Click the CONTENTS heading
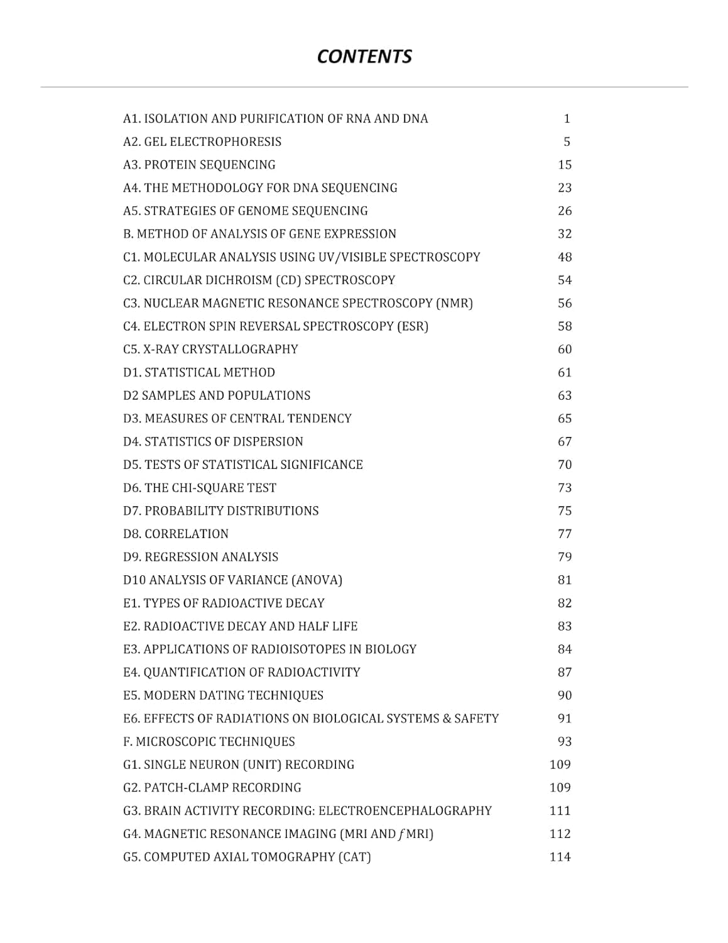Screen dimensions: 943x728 364,57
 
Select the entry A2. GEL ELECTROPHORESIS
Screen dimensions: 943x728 202,142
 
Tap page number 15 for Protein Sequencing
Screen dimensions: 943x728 565,165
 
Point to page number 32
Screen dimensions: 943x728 565,234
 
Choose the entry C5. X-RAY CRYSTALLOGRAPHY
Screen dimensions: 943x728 210,350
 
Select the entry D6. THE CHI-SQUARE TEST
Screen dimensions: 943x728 200,488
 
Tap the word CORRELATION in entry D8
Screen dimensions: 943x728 187,534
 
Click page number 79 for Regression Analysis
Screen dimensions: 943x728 565,557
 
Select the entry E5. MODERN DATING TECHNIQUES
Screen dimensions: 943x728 223,695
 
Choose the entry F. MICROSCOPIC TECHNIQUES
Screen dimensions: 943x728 209,742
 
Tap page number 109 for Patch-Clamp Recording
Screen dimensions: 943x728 560,788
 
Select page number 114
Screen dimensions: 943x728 560,857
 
